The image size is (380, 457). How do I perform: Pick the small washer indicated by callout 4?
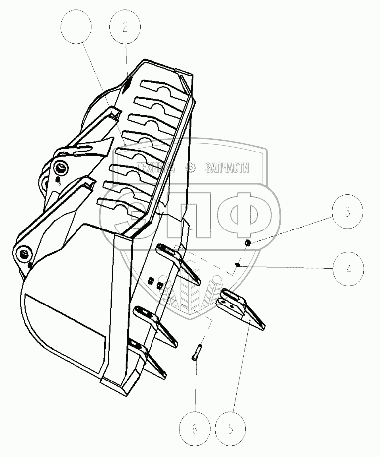238,265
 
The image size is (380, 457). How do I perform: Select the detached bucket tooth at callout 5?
241,308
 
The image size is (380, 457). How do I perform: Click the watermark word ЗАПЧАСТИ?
227,168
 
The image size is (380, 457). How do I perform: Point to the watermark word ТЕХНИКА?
155,168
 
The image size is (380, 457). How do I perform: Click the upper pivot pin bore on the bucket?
61,168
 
